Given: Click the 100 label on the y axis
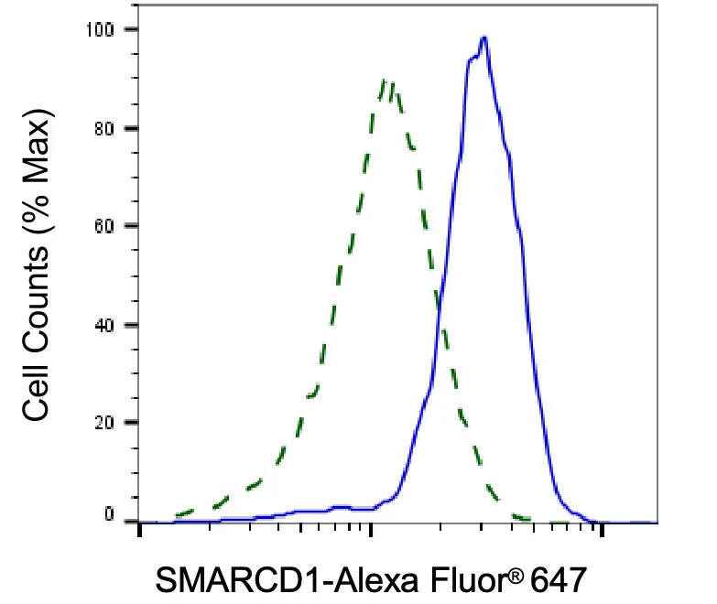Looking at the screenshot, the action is [x=100, y=30].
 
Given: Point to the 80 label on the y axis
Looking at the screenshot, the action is [x=104, y=129].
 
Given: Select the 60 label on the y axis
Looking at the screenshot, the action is [x=104, y=226].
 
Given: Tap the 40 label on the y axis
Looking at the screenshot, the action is [x=104, y=325].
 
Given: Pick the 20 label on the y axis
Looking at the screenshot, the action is [x=104, y=423].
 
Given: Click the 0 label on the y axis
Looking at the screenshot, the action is [x=109, y=514].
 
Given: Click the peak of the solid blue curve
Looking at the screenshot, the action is [x=483, y=38].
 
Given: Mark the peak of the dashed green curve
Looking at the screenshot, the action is [x=384, y=81].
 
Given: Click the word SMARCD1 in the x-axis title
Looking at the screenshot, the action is [x=243, y=580].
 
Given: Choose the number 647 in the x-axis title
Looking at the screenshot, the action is [x=559, y=580].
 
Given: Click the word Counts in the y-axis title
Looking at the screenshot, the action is [x=36, y=302].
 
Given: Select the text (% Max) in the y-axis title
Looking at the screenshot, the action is [x=38, y=173].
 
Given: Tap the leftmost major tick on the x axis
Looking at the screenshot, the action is [x=140, y=530].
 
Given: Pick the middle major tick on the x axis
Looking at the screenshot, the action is [x=371, y=530].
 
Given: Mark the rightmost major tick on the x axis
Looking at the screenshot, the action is [x=602, y=530].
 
